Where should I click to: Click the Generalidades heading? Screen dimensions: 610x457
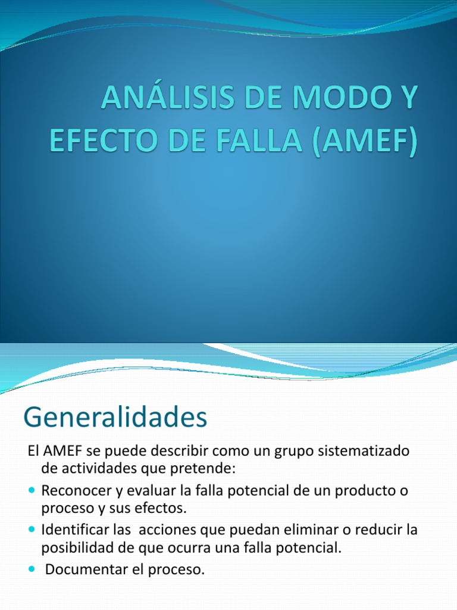coord(115,417)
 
